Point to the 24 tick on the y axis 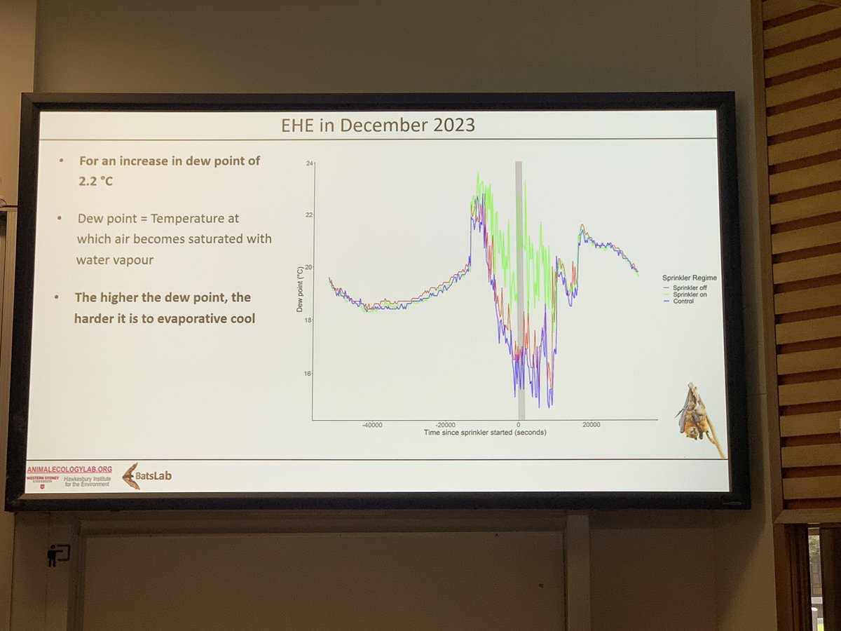[x=309, y=163]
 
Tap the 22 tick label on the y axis [x=309, y=215]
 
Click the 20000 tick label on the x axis [x=591, y=424]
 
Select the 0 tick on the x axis [x=519, y=424]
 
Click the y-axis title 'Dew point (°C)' [x=299, y=289]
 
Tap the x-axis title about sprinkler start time [x=485, y=433]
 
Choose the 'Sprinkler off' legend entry [x=691, y=287]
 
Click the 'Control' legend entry [x=684, y=301]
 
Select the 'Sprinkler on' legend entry [x=691, y=294]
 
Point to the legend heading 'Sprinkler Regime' [x=689, y=278]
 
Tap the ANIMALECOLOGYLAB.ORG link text [x=69, y=468]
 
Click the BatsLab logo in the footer [x=146, y=476]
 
